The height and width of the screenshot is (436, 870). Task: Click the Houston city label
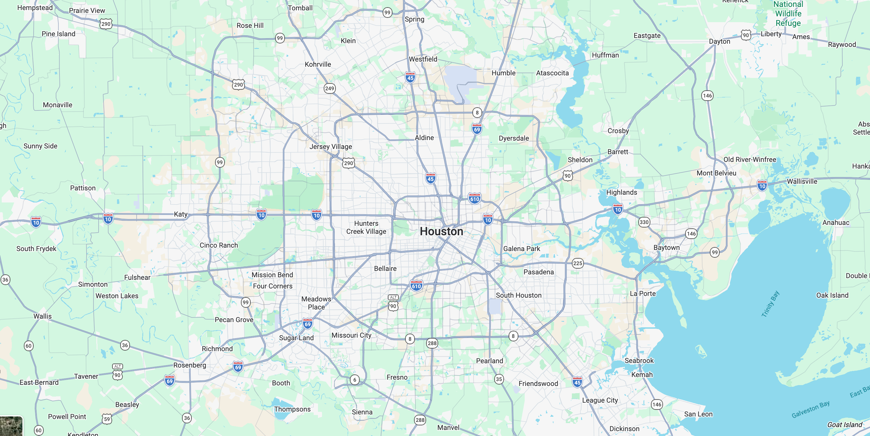click(441, 231)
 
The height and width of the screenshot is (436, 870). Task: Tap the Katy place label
click(180, 214)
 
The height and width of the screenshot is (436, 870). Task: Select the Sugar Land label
click(296, 338)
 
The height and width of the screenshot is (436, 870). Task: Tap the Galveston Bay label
click(810, 409)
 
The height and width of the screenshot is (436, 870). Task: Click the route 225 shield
click(577, 263)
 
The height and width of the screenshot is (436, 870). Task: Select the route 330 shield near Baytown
click(644, 222)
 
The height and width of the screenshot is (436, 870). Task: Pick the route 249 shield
click(329, 89)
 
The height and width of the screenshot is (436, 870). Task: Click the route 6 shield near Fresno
click(354, 380)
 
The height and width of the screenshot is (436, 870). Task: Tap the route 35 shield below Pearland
click(499, 379)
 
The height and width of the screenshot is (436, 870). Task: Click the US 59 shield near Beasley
click(107, 419)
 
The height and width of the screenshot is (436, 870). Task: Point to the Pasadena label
click(538, 272)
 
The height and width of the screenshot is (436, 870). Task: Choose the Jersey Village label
click(330, 147)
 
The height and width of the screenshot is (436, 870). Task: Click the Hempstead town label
click(35, 7)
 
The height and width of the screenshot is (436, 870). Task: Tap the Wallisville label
click(802, 181)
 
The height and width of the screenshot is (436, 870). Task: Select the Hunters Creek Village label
click(366, 227)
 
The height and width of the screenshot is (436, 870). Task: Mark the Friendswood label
click(538, 383)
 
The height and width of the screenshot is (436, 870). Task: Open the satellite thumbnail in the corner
click(11, 426)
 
